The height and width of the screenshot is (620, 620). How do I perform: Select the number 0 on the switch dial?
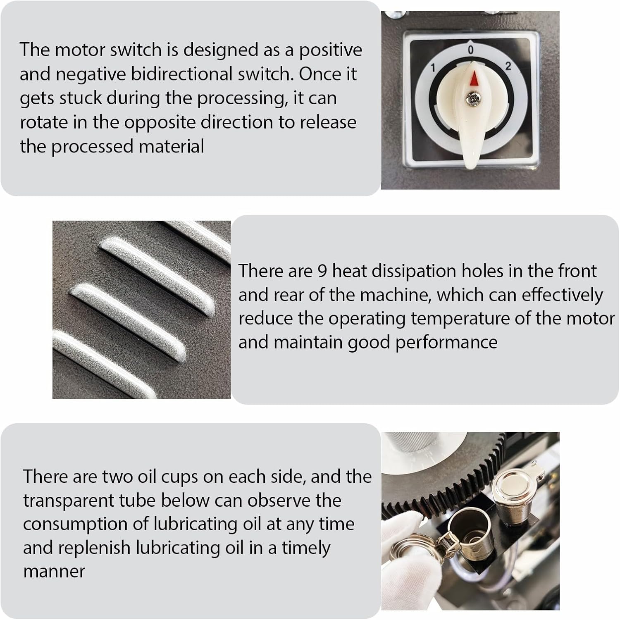[470, 50]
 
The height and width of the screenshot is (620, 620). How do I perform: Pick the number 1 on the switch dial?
[432, 68]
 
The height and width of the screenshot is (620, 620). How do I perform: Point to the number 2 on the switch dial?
[508, 66]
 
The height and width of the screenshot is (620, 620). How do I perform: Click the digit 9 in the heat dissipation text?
[322, 271]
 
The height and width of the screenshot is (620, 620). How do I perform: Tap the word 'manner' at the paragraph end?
[54, 572]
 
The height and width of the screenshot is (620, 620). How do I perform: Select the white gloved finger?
[403, 546]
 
